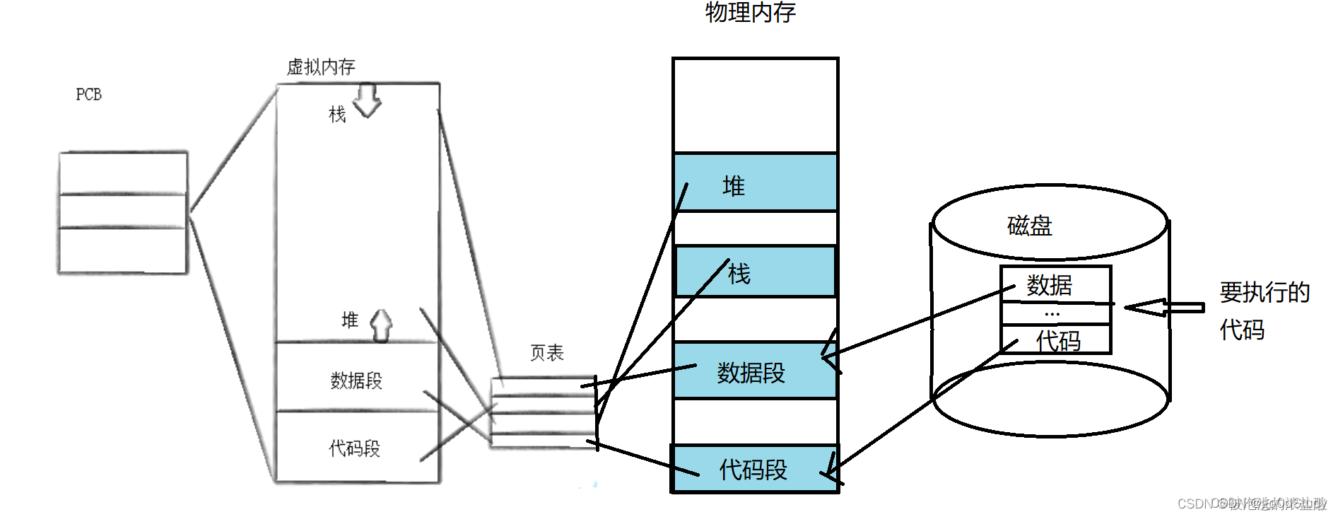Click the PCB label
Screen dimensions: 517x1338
[88, 95]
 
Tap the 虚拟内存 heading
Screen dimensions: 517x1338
[321, 67]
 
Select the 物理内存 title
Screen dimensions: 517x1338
[751, 12]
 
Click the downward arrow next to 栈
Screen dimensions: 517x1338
[367, 101]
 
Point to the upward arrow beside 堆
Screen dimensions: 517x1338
[381, 325]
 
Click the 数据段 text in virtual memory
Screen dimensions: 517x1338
[356, 381]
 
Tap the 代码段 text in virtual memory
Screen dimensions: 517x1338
[355, 448]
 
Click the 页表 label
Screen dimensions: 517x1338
[547, 353]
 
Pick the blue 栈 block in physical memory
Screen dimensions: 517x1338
[755, 272]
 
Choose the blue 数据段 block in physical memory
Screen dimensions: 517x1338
[755, 371]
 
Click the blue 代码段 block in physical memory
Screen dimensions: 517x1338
[755, 469]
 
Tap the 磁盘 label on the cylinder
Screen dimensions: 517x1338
[1030, 226]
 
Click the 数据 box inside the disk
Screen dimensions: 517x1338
[1055, 284]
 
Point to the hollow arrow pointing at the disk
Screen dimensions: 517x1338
[1163, 308]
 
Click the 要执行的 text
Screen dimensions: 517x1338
[1264, 292]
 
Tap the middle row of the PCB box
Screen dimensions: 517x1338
[123, 211]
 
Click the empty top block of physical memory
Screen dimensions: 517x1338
[755, 105]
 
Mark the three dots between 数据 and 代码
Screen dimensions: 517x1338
[1052, 313]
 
